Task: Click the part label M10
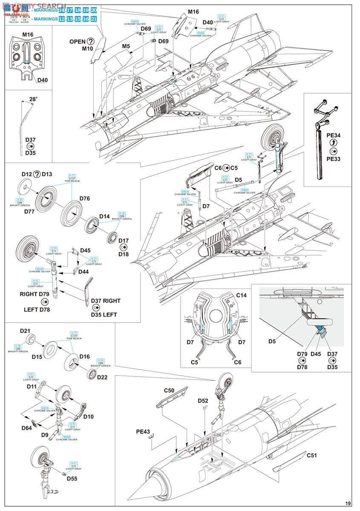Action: tap(87, 49)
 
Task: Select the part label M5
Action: tap(126, 46)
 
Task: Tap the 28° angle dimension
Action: tap(33, 99)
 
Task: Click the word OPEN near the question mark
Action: tap(78, 41)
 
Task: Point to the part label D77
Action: tap(29, 211)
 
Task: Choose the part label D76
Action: tap(84, 198)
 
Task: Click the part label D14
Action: tap(105, 216)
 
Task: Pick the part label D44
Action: tap(84, 272)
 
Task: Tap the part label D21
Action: tap(25, 331)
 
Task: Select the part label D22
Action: tap(102, 377)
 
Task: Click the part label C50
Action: tap(170, 390)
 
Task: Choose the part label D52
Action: tap(203, 401)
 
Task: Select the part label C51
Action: tap(313, 455)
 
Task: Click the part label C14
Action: tap(241, 295)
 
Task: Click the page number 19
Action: tap(348, 503)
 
